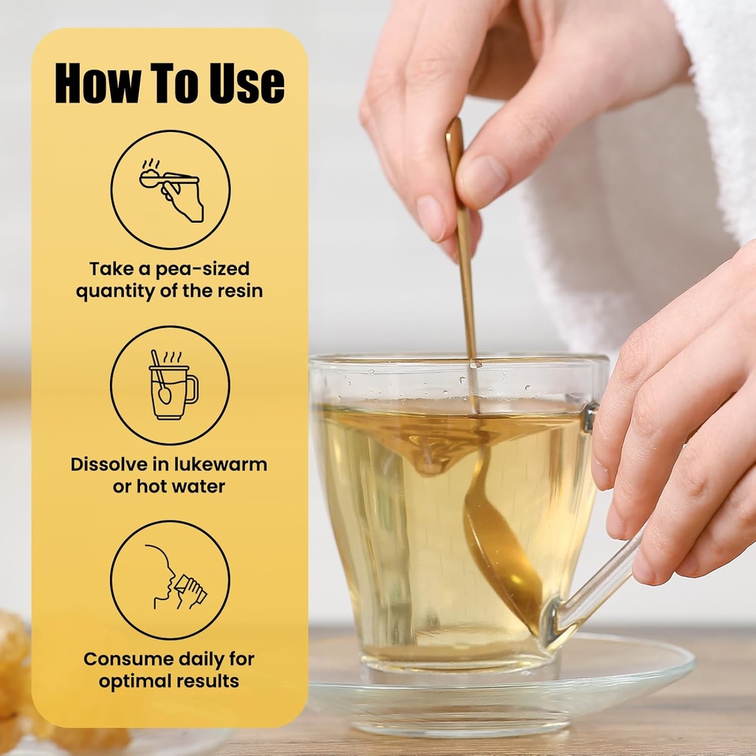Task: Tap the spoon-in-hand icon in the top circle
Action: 171,190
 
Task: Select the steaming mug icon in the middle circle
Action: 173,385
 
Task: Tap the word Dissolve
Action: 109,464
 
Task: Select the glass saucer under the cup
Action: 501,684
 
